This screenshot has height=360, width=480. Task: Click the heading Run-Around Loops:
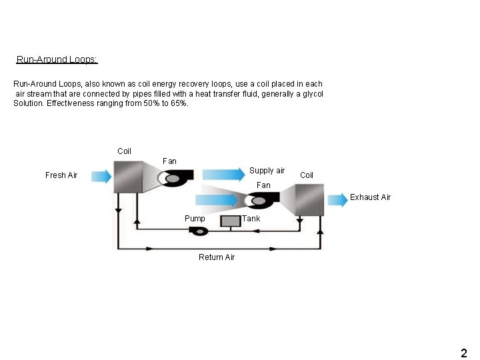[57, 59]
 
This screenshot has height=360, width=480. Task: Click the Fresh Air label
[61, 175]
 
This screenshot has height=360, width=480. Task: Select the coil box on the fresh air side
[125, 176]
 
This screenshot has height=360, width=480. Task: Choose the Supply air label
[267, 171]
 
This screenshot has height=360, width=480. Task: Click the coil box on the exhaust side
[309, 200]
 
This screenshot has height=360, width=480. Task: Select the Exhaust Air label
[371, 197]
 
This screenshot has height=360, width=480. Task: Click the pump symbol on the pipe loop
[199, 230]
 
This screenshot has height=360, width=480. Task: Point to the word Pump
[195, 219]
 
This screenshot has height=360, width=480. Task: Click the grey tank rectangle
[231, 221]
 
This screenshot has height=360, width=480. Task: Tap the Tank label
[252, 219]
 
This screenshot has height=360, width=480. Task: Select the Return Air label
[217, 257]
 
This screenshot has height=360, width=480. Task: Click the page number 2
[464, 352]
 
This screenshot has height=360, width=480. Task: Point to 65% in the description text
[179, 104]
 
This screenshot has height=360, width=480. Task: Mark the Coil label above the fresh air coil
[124, 151]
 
